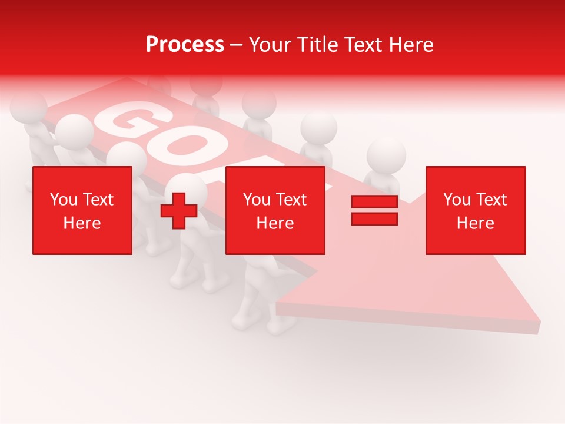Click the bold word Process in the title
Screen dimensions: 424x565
[x=185, y=45]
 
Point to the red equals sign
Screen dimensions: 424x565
[x=374, y=210]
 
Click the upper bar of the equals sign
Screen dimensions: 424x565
[x=374, y=202]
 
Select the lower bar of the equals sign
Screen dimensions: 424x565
[x=374, y=218]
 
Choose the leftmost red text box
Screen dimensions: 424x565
[x=82, y=210]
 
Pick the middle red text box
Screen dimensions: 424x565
[x=275, y=210]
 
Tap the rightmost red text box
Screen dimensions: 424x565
[x=475, y=210]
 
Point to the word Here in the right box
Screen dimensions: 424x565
[x=475, y=223]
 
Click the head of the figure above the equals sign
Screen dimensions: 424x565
[x=386, y=154]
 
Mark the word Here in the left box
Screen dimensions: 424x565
[x=82, y=223]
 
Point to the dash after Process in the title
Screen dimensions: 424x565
[x=237, y=45]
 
